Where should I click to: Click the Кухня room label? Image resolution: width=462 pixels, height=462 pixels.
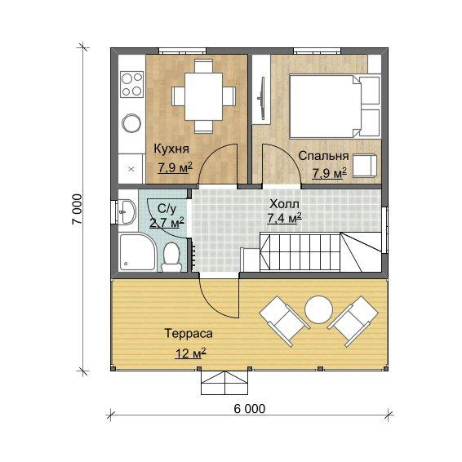pyautogui.click(x=171, y=149)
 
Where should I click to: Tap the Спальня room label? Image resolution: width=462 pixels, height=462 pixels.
pyautogui.click(x=323, y=156)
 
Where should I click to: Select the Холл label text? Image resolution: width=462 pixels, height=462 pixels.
pyautogui.click(x=284, y=204)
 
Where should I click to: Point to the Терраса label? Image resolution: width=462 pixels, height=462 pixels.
pyautogui.click(x=189, y=333)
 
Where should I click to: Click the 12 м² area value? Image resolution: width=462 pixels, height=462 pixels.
pyautogui.click(x=190, y=353)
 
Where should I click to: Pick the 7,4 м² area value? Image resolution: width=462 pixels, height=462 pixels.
pyautogui.click(x=284, y=218)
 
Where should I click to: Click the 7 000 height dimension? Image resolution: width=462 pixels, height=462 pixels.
pyautogui.click(x=77, y=209)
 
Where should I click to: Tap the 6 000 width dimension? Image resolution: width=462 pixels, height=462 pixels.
pyautogui.click(x=250, y=409)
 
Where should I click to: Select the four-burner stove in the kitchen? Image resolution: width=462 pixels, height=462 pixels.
pyautogui.click(x=131, y=85)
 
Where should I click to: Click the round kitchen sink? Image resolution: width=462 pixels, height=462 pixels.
pyautogui.click(x=131, y=123)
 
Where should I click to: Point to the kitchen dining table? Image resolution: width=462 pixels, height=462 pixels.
pyautogui.click(x=203, y=96)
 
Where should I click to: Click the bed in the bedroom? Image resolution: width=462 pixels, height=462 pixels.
pyautogui.click(x=335, y=106)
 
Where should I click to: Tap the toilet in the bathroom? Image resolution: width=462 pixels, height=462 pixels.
pyautogui.click(x=171, y=256)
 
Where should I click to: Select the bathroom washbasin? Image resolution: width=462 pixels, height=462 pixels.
pyautogui.click(x=127, y=211)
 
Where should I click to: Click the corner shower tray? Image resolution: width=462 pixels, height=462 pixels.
pyautogui.click(x=137, y=252)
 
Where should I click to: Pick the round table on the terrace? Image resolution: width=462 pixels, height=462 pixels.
pyautogui.click(x=319, y=309)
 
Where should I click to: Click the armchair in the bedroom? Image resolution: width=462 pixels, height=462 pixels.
pyautogui.click(x=365, y=166)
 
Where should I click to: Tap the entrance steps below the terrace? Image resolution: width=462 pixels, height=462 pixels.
pyautogui.click(x=224, y=383)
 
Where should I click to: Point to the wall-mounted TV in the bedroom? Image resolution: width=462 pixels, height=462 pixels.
pyautogui.click(x=261, y=98)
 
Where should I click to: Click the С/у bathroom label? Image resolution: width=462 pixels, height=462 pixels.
pyautogui.click(x=167, y=208)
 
